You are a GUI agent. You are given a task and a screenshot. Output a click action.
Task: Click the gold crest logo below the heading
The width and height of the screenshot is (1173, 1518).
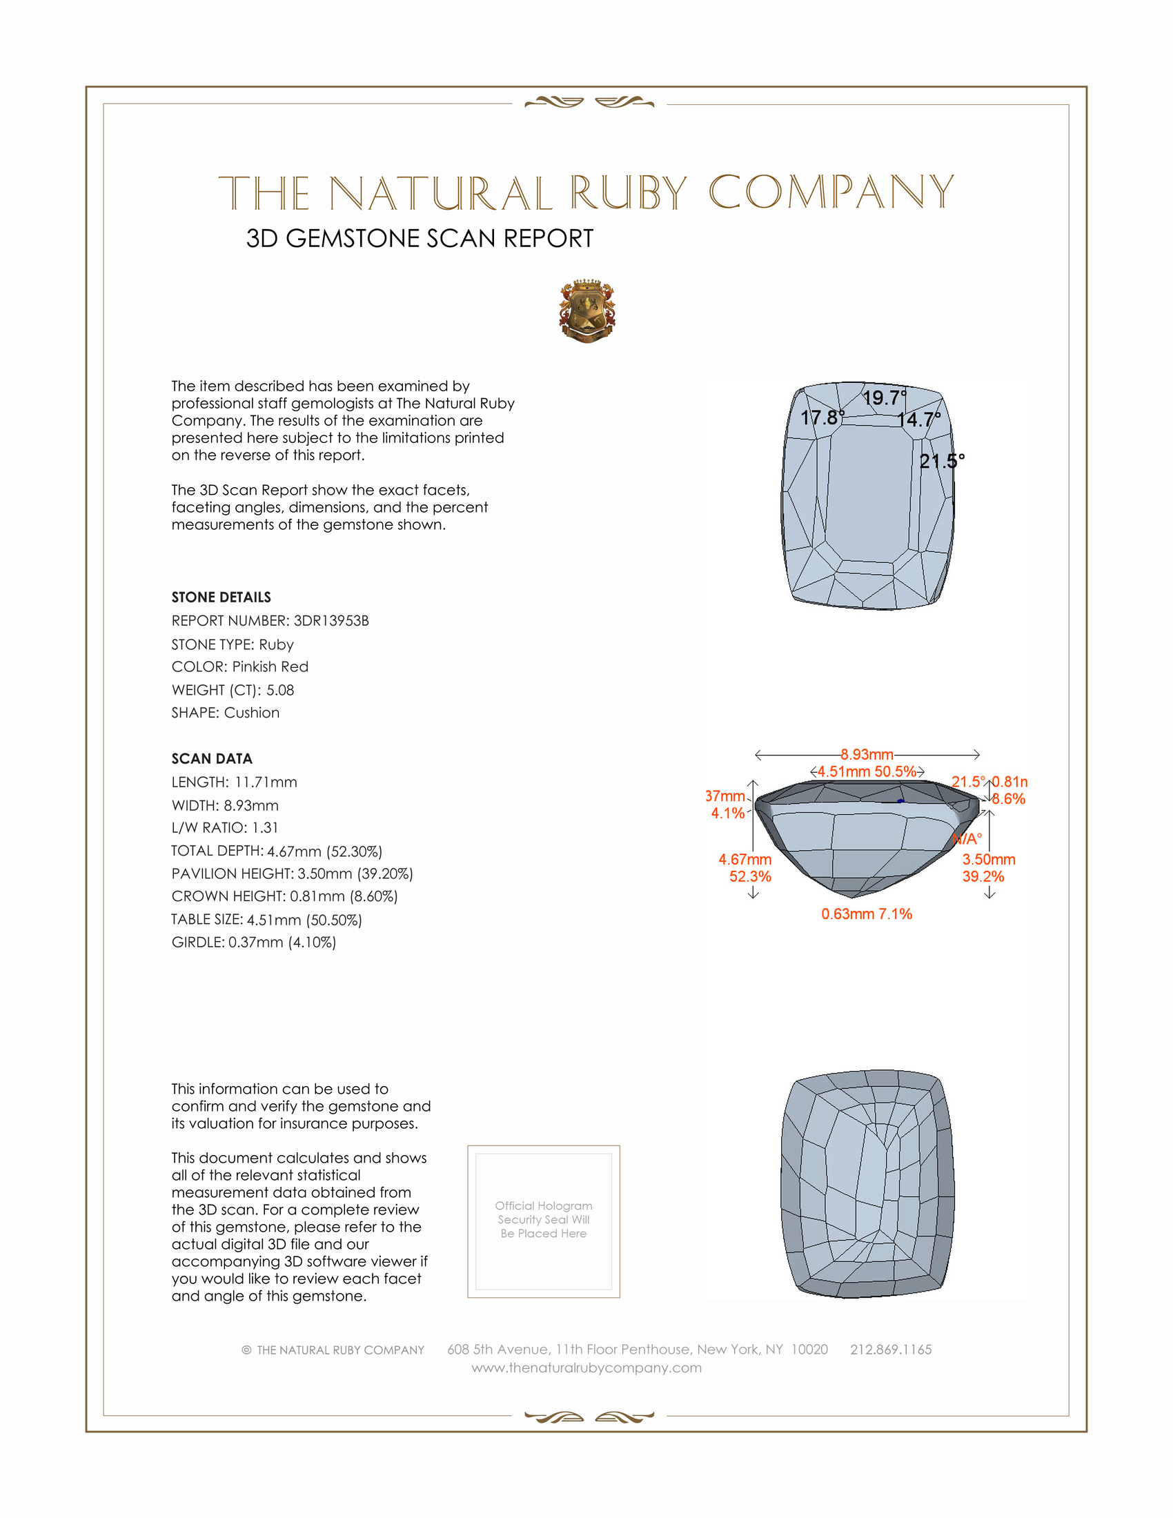(587, 311)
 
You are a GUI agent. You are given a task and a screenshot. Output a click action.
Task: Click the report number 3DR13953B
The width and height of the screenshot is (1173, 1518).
(331, 621)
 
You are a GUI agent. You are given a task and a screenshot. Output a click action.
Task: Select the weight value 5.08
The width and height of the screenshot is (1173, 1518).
(280, 690)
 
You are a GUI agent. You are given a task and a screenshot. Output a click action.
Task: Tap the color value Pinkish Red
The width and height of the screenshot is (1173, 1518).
(270, 667)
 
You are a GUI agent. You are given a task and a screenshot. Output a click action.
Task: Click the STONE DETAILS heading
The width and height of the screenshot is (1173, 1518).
(221, 597)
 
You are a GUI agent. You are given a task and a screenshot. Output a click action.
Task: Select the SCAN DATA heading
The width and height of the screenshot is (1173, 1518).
(212, 758)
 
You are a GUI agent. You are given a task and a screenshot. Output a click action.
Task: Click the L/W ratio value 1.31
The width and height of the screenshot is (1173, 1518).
(265, 828)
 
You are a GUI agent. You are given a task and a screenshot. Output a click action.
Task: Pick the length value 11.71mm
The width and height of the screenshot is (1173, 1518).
(266, 782)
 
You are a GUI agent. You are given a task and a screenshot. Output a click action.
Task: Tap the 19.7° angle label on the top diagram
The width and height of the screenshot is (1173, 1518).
(884, 397)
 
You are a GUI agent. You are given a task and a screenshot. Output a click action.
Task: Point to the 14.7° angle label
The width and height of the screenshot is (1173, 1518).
(918, 420)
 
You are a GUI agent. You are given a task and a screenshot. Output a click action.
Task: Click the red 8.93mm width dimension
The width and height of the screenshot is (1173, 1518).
(867, 754)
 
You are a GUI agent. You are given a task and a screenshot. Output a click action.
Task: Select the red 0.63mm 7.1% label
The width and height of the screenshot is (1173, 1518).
(867, 914)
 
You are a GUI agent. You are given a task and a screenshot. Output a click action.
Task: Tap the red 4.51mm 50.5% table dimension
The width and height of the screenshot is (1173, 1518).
(867, 771)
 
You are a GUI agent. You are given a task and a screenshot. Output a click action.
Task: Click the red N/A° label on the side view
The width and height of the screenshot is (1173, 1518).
(967, 839)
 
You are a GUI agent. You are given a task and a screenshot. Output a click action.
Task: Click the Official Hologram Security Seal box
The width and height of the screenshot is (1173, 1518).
(544, 1221)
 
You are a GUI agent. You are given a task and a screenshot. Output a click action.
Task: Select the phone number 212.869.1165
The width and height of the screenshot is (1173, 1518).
(891, 1349)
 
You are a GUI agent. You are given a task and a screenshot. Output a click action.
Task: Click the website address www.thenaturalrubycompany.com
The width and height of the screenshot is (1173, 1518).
(586, 1368)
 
